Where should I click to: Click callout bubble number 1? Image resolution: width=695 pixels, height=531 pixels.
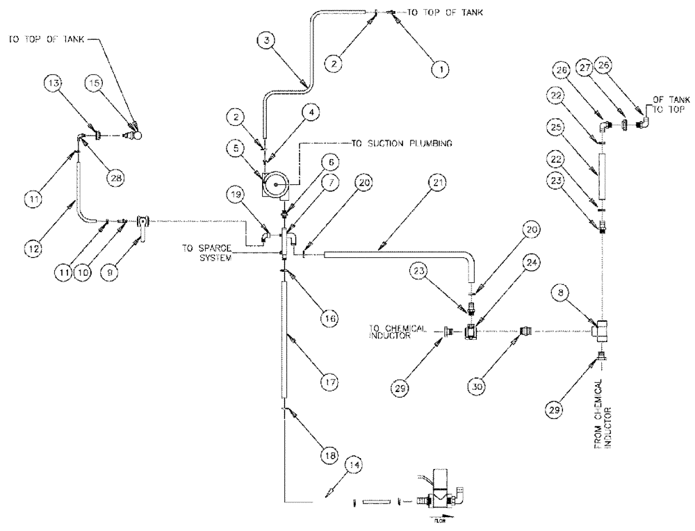pos(438,69)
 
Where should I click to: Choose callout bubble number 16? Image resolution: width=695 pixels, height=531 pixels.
pos(329,318)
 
